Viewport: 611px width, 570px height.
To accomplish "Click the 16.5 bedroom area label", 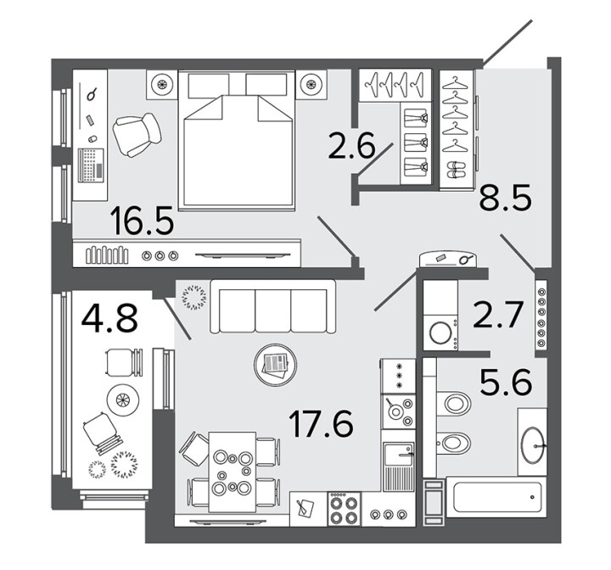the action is coord(142,221).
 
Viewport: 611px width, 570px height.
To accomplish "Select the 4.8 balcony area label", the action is coord(109,318).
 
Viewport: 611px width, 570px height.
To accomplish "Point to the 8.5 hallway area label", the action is coord(505,198).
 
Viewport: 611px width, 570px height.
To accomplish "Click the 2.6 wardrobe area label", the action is coord(351,146).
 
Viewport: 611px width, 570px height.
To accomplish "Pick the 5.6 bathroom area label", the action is coord(506,383).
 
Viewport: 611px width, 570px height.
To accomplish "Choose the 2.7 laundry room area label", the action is coord(497,315).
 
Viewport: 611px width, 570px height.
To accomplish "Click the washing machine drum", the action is coord(440,332).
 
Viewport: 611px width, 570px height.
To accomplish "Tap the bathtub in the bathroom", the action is coord(496,497).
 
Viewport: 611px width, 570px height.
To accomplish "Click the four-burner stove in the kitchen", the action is coord(344,508).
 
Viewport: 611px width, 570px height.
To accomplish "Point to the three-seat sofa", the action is coord(272,306).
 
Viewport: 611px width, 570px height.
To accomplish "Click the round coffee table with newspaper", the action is coord(276,365).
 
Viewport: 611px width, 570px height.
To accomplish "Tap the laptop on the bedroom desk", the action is coord(91,165).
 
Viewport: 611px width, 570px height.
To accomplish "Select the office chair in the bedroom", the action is coord(136,134).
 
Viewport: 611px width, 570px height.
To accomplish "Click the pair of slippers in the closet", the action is coord(455,170).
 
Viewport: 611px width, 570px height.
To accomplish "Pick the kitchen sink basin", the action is coord(398,455).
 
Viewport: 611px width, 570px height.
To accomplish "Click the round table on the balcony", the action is coord(123,399).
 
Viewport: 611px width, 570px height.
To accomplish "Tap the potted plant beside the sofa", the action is coord(193,298).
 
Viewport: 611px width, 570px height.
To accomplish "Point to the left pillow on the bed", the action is coord(208,86).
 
